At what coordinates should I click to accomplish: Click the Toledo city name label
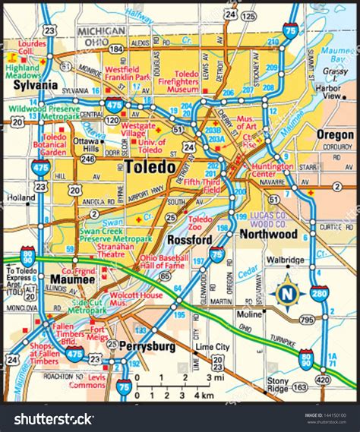[150, 166]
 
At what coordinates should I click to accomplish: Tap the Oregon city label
[334, 134]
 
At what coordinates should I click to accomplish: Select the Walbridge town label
[284, 260]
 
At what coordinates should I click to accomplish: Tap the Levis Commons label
[85, 382]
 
